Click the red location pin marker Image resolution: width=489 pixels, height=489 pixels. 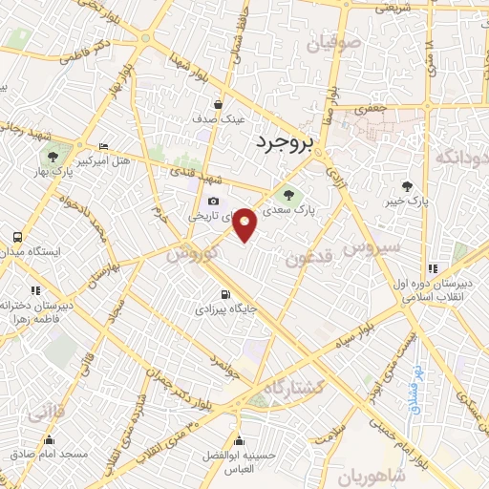pyautogui.click(x=245, y=223)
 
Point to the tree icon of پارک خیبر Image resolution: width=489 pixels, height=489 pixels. pyautogui.click(x=409, y=186)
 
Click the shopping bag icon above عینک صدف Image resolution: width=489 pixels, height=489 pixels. pyautogui.click(x=219, y=104)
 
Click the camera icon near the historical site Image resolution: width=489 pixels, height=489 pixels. pyautogui.click(x=212, y=201)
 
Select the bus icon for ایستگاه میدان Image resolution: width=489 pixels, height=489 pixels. pyautogui.click(x=17, y=236)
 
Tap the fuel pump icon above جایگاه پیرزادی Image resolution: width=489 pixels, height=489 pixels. pyautogui.click(x=225, y=294)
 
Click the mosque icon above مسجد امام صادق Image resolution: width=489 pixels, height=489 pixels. pyautogui.click(x=50, y=440)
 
